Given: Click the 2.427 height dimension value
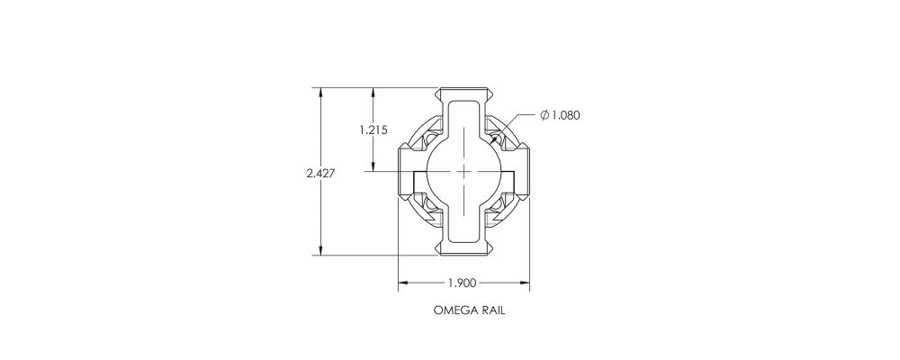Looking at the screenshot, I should coord(320,174).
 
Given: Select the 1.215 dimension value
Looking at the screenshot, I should coord(373,130).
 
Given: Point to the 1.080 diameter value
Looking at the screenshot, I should coord(566,115).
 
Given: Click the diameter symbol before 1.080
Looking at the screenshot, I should coord(544,115).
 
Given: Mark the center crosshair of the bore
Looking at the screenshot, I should coord(463,171).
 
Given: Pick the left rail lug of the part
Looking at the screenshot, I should coord(407,171).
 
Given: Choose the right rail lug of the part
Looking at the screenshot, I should coord(521,171).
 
